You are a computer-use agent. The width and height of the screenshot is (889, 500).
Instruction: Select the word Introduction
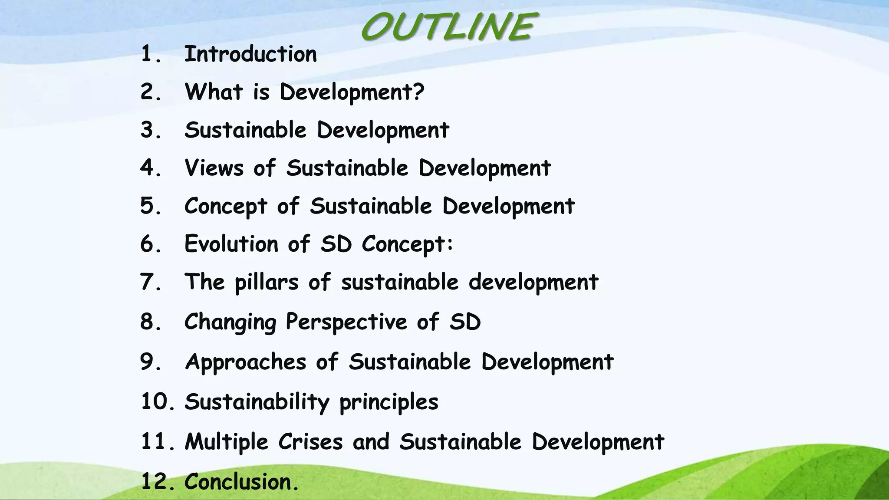(250, 54)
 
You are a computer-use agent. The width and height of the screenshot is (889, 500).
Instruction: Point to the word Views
(214, 168)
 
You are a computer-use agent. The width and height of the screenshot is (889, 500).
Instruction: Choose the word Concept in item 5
(226, 206)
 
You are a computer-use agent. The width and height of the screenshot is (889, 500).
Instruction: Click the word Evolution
(231, 243)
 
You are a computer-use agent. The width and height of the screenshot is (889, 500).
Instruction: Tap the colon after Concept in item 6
(450, 244)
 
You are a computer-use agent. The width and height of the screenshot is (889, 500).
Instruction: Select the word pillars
(267, 283)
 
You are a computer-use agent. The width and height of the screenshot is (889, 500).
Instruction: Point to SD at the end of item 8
(465, 322)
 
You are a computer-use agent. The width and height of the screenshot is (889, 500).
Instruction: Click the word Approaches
(245, 362)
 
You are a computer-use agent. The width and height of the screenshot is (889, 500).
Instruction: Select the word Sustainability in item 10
(257, 402)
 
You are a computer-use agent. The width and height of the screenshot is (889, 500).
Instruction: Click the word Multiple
(227, 442)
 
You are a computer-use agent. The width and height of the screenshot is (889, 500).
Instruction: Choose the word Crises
(310, 442)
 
